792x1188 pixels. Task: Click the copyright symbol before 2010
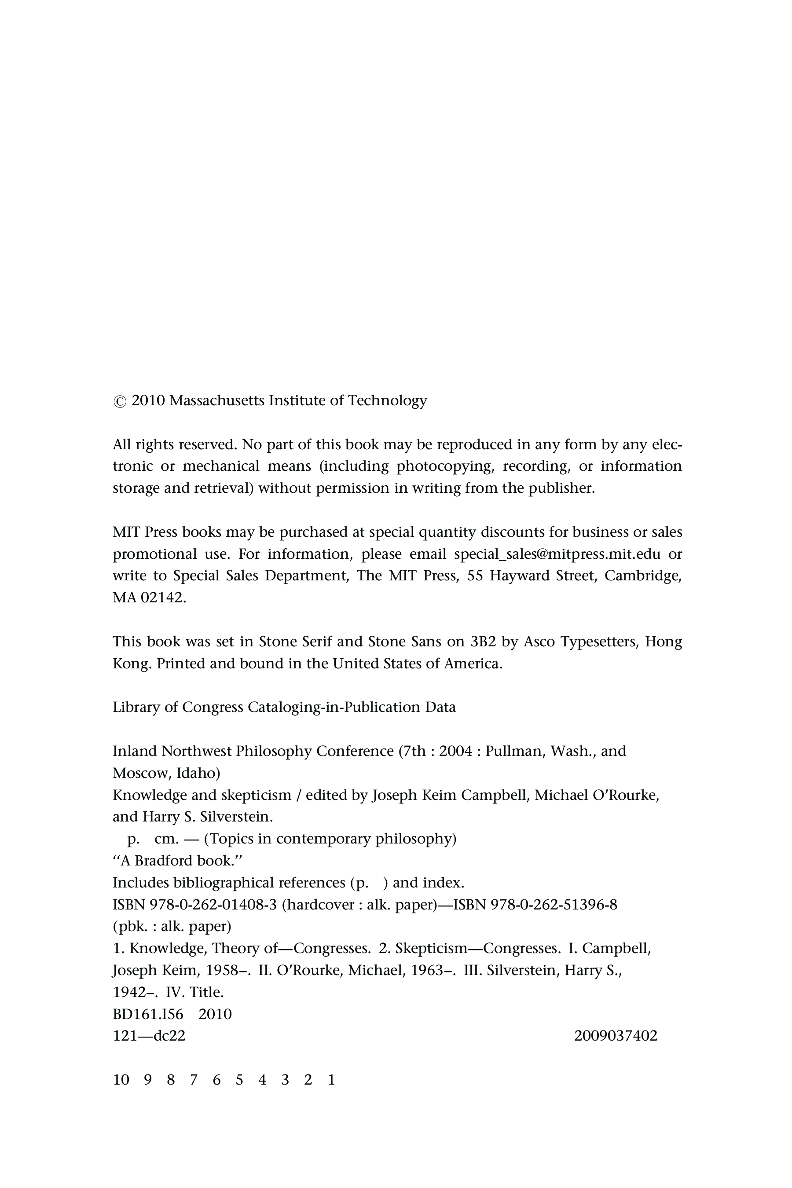120,402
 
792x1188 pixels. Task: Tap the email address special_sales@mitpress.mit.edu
557,554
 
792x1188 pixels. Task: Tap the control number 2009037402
616,1036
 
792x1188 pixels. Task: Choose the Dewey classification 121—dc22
149,1036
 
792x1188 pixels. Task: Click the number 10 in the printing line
121,1080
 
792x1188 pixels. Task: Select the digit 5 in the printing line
239,1080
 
